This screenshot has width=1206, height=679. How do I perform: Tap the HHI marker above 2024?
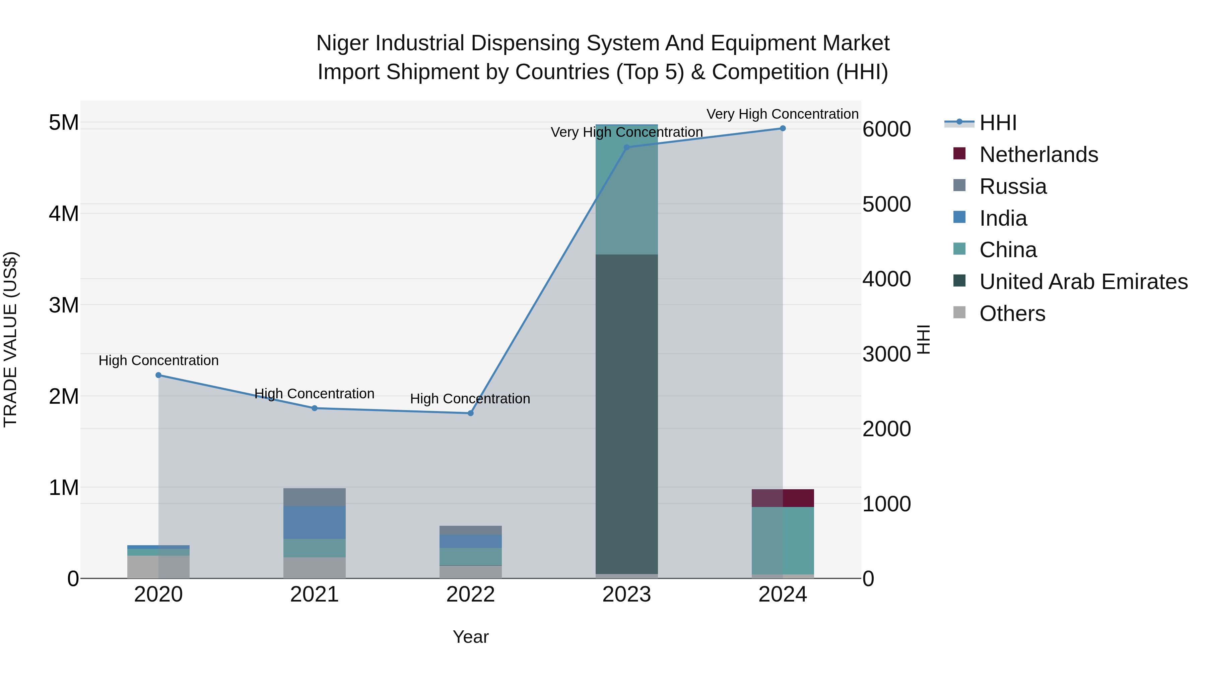click(782, 128)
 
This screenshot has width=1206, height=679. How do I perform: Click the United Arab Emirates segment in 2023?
click(626, 412)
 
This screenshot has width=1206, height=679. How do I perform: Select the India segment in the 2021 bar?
click(314, 522)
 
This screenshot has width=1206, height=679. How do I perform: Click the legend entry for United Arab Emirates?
click(1083, 282)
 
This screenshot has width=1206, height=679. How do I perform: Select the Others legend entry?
click(1012, 314)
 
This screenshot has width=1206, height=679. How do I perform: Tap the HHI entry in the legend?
click(998, 123)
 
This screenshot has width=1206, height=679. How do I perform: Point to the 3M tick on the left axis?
click(64, 305)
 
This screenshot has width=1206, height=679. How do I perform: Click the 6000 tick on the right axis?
click(886, 129)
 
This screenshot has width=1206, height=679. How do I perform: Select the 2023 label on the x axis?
click(626, 595)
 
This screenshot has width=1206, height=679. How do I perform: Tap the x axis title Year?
click(471, 637)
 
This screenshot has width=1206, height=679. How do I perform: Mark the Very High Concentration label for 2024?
click(782, 114)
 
